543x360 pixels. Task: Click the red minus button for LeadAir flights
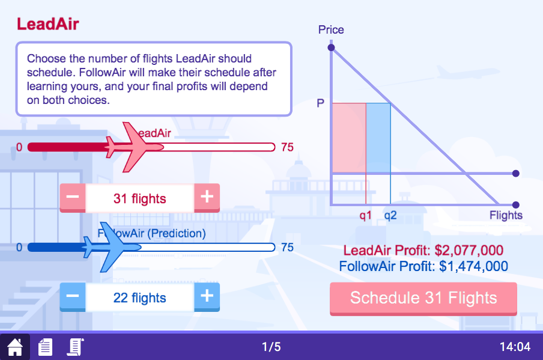[x=72, y=197]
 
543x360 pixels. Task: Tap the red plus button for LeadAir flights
[x=207, y=197]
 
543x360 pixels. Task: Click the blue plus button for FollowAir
[x=207, y=296]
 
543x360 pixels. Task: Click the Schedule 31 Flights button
[x=423, y=298]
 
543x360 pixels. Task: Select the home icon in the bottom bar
[x=14, y=347]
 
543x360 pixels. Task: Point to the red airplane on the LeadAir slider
[x=129, y=147]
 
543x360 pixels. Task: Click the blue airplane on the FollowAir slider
[x=105, y=246]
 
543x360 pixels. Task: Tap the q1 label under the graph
[x=366, y=215]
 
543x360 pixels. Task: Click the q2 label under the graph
[x=390, y=215]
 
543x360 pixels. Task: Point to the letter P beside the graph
[x=321, y=103]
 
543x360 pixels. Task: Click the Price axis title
[x=331, y=29]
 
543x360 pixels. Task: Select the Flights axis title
[x=506, y=215]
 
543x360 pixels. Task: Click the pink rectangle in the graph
[x=349, y=138]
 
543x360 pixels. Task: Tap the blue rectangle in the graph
[x=378, y=138]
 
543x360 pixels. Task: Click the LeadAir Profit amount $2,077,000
[x=469, y=251]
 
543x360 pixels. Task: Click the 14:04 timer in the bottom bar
[x=515, y=347]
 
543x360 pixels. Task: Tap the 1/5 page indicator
[x=271, y=347]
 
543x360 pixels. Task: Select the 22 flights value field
[x=139, y=297]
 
